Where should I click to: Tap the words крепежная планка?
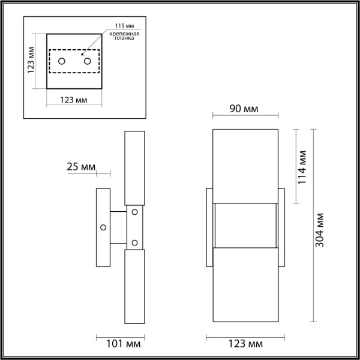pyautogui.click(x=124, y=38)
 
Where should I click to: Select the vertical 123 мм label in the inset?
pyautogui.click(x=32, y=60)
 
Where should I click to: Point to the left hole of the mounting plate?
pyautogui.click(x=62, y=61)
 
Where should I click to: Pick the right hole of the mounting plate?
pyautogui.click(x=87, y=61)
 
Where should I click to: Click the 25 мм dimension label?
pyautogui.click(x=80, y=167)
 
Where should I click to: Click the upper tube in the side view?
pyautogui.click(x=134, y=168)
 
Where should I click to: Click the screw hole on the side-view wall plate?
pyautogui.click(x=103, y=227)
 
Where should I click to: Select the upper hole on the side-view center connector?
pyautogui.click(x=134, y=211)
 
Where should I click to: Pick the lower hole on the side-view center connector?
pyautogui.click(x=134, y=242)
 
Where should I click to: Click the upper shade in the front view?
pyautogui.click(x=245, y=166)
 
